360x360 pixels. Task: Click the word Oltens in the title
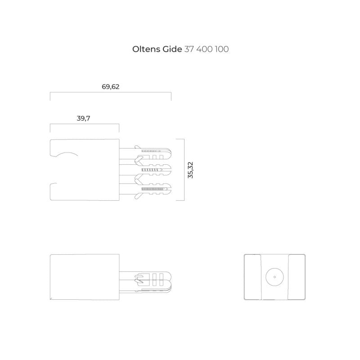click(x=146, y=49)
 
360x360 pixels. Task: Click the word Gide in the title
click(x=172, y=49)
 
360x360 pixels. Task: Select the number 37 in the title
click(x=189, y=49)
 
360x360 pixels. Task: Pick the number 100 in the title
click(x=222, y=49)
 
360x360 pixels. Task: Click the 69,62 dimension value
click(x=110, y=87)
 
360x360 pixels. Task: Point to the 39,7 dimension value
click(x=83, y=118)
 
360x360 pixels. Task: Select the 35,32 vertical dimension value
click(x=190, y=170)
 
